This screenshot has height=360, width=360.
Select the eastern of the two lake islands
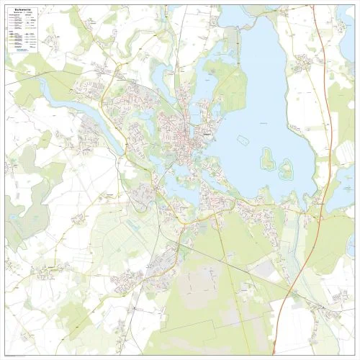click(286, 170)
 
